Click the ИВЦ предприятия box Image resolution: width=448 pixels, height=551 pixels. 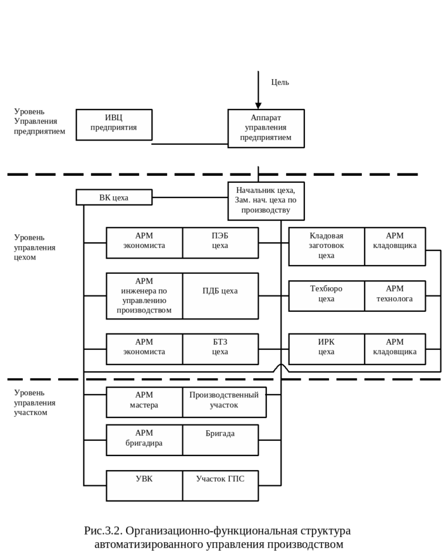tap(114, 125)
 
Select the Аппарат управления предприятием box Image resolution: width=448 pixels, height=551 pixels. tap(266, 128)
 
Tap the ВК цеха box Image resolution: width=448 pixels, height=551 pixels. tap(114, 197)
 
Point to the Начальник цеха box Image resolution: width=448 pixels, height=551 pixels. tap(266, 201)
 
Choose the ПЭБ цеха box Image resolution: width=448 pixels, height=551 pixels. tap(220, 243)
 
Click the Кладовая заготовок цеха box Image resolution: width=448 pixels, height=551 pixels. tap(327, 246)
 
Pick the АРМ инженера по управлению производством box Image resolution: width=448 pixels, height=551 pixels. tap(144, 295)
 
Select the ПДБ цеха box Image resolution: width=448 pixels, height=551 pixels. tap(220, 295)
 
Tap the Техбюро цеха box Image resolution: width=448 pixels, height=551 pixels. tap(327, 295)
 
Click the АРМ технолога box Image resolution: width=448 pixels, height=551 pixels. tap(395, 295)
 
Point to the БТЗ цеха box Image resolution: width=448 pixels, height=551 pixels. tap(220, 349)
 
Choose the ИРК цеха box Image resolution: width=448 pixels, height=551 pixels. tap(327, 349)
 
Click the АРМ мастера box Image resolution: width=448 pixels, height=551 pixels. tap(144, 402)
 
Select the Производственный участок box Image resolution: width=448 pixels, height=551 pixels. tap(224, 402)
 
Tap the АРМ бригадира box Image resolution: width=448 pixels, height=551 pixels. tap(144, 440)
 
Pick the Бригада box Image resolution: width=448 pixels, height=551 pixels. tap(220, 440)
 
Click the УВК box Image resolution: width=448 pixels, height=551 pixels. tap(144, 485)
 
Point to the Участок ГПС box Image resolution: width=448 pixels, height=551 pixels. tap(220, 485)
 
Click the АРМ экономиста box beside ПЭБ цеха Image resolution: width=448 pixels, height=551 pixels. tap(144, 243)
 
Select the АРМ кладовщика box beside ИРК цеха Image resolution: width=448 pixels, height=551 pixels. tap(395, 349)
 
